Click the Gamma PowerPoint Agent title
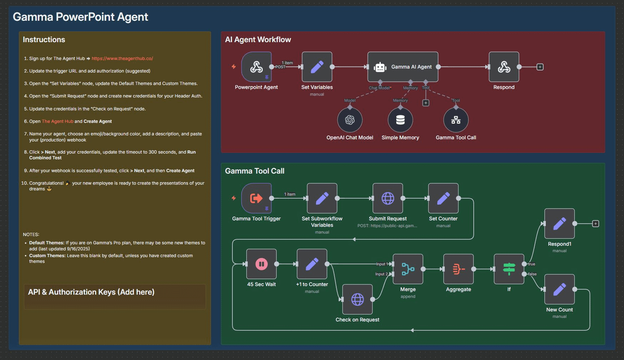coord(80,17)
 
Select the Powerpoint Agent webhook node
coord(256,67)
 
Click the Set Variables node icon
coord(317,67)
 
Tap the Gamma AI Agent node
coord(403,67)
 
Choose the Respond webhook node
coord(503,67)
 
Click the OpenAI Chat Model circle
coord(349,120)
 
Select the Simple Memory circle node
coord(400,120)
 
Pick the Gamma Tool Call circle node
coord(456,120)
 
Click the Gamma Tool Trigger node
coord(256,198)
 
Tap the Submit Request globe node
coord(387,198)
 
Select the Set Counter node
coord(443,198)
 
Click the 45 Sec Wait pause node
coord(261,264)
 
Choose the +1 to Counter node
coord(311,264)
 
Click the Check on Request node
coord(357,299)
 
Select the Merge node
coord(408,269)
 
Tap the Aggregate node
coord(458,269)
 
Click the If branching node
coord(509,269)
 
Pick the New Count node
coord(559,289)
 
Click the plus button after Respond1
coord(595,224)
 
